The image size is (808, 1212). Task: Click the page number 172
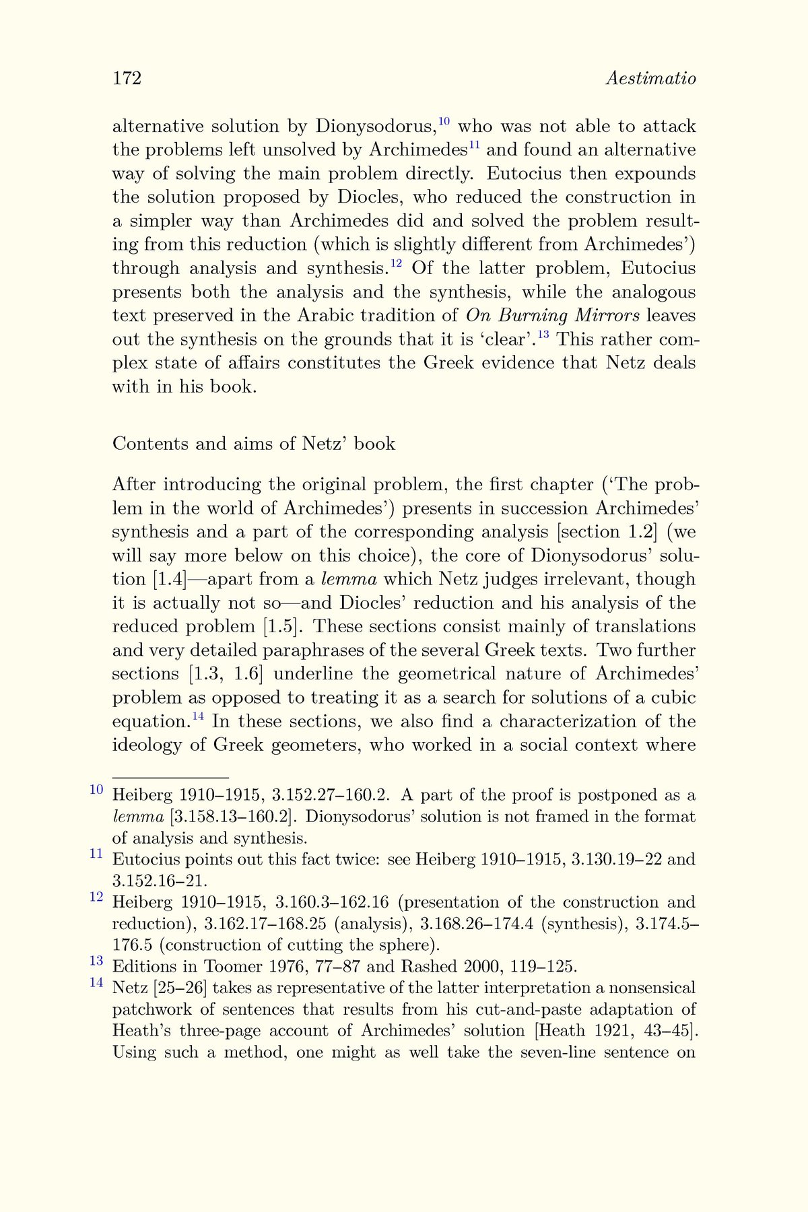[127, 78]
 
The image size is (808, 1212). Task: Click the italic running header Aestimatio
[650, 78]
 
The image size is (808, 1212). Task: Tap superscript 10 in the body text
[444, 122]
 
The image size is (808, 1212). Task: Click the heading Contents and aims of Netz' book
[254, 444]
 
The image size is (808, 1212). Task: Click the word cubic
[673, 698]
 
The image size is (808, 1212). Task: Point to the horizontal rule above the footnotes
[170, 777]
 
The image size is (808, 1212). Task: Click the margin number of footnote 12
[96, 897]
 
